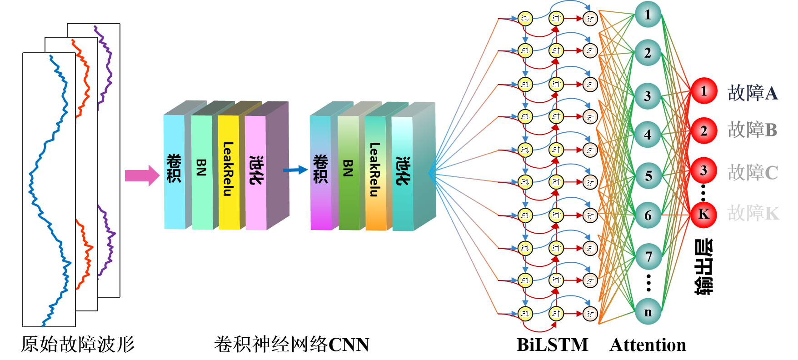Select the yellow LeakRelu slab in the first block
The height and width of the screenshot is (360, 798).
[x=229, y=172]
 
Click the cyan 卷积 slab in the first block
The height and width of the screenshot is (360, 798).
[x=174, y=172]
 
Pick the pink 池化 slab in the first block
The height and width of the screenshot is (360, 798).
[x=255, y=173]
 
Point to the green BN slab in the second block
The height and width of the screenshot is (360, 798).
[x=348, y=173]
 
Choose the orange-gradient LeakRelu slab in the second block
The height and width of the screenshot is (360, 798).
[x=375, y=173]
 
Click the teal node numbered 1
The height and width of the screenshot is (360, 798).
[x=648, y=15]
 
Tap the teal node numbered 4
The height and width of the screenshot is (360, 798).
[x=648, y=135]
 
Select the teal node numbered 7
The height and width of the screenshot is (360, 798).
[x=648, y=257]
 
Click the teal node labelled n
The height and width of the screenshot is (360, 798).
[x=648, y=312]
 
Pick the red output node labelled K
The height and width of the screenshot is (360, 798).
[x=703, y=214]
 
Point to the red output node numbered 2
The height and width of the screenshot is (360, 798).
[x=703, y=131]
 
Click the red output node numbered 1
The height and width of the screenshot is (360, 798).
[x=703, y=91]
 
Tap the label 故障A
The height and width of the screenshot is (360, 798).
[x=753, y=93]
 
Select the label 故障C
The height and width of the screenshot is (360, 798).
[x=753, y=173]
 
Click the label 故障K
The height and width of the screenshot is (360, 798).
[x=753, y=213]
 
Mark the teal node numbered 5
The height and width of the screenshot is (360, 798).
[x=648, y=175]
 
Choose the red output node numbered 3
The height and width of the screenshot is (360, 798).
[x=703, y=171]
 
